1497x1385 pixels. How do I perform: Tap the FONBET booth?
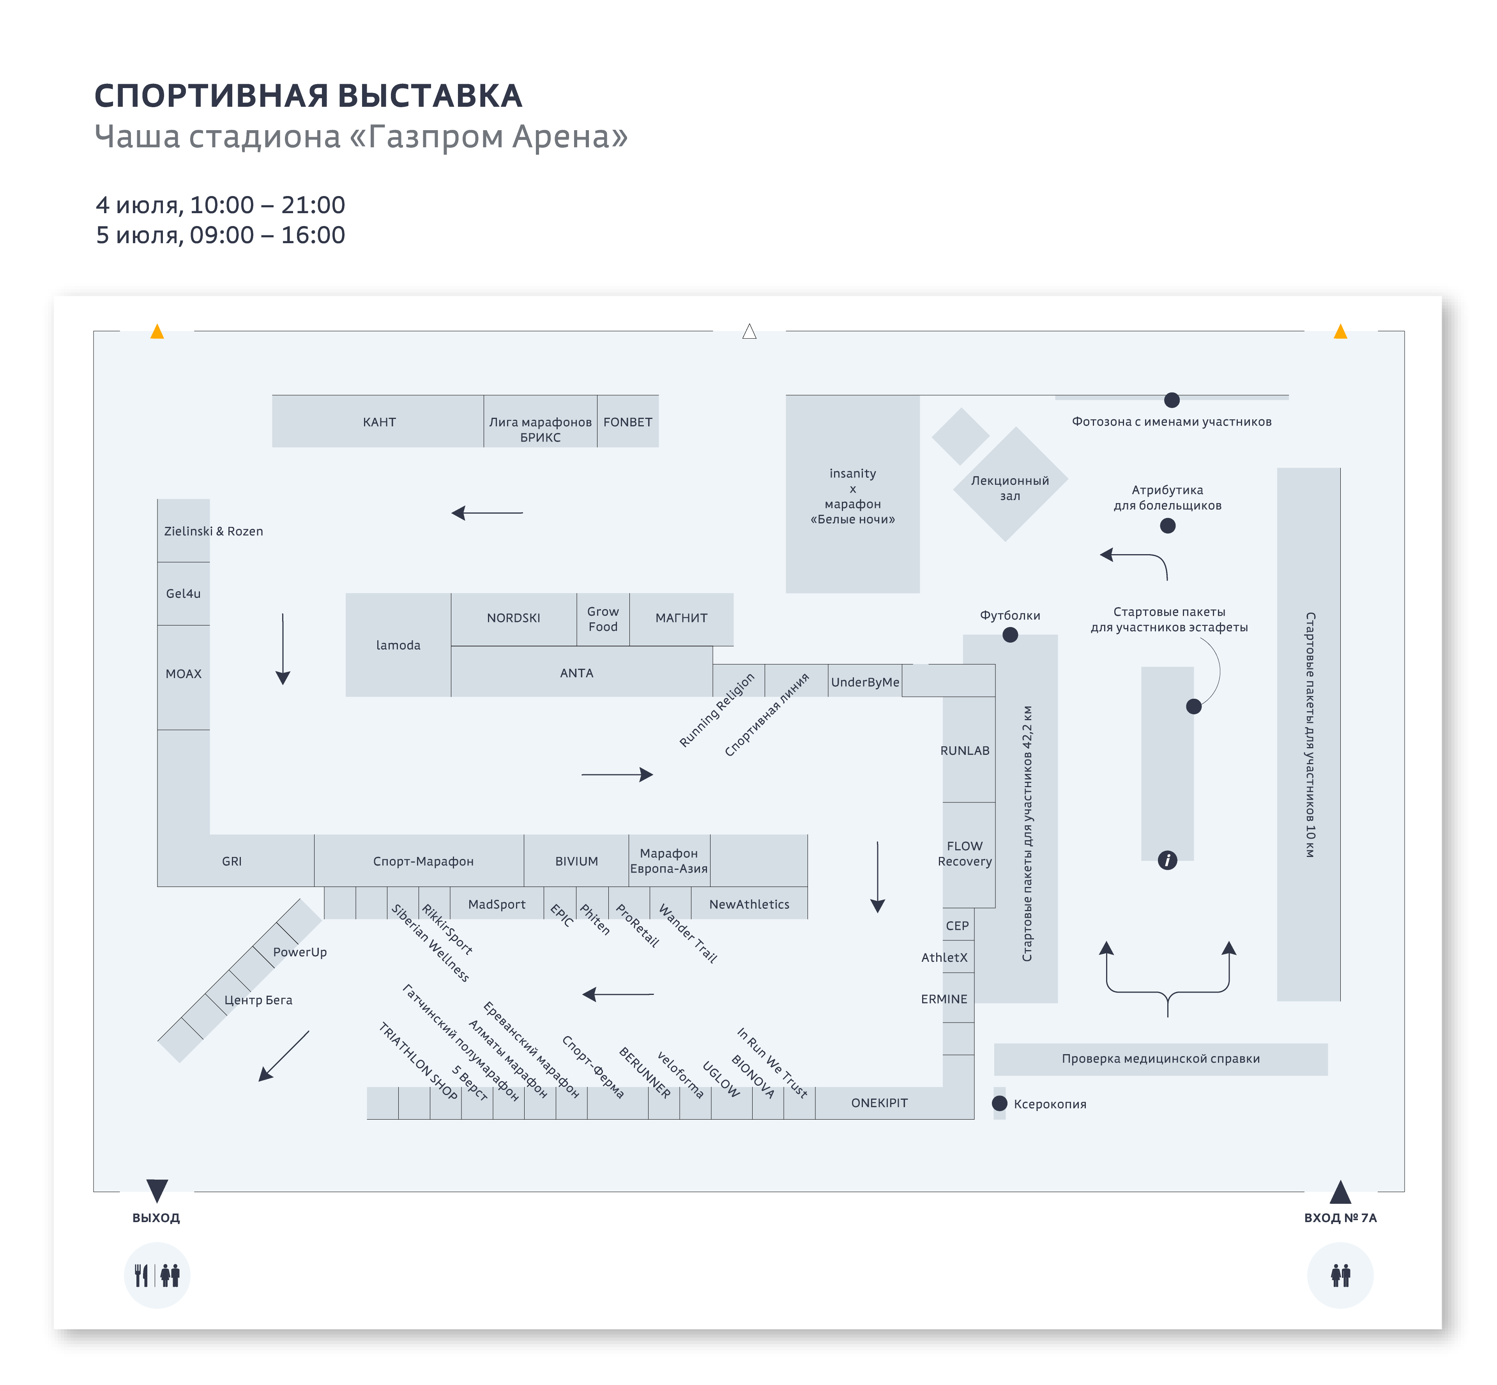pyautogui.click(x=627, y=421)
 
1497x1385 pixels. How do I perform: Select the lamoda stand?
pyautogui.click(x=398, y=645)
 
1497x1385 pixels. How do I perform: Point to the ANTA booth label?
pyautogui.click(x=576, y=673)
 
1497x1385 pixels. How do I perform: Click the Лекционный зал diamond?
pyautogui.click(x=1010, y=484)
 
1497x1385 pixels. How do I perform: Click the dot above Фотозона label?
pyautogui.click(x=1172, y=400)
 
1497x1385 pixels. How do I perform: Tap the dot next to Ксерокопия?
pyautogui.click(x=999, y=1103)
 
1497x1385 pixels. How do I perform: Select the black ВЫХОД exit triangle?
pyautogui.click(x=157, y=1190)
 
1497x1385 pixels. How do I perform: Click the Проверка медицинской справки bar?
pyautogui.click(x=1160, y=1059)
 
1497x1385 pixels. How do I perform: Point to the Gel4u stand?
pyautogui.click(x=183, y=594)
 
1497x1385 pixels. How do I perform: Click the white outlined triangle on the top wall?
pyautogui.click(x=749, y=331)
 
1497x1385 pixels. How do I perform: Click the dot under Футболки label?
pyautogui.click(x=1010, y=635)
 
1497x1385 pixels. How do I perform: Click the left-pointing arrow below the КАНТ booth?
pyautogui.click(x=487, y=512)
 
